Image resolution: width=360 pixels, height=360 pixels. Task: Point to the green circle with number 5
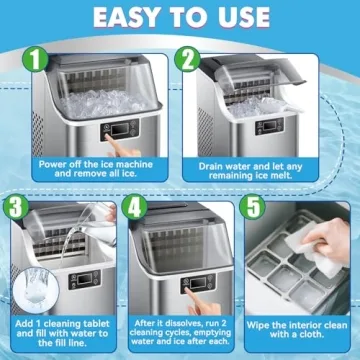254,208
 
